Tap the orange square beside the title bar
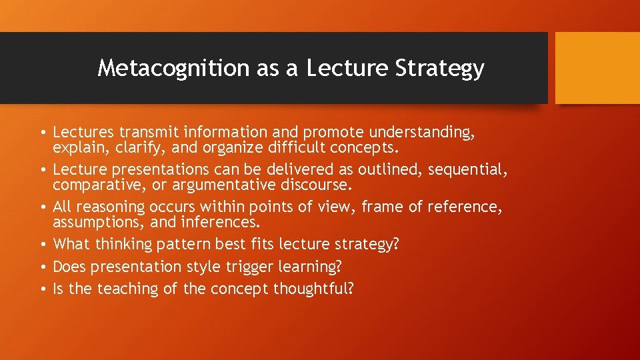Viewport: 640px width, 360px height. coord(597,68)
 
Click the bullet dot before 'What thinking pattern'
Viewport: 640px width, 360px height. coord(44,245)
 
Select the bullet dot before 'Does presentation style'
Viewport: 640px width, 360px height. coord(44,267)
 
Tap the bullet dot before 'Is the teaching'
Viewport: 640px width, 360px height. coord(44,289)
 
